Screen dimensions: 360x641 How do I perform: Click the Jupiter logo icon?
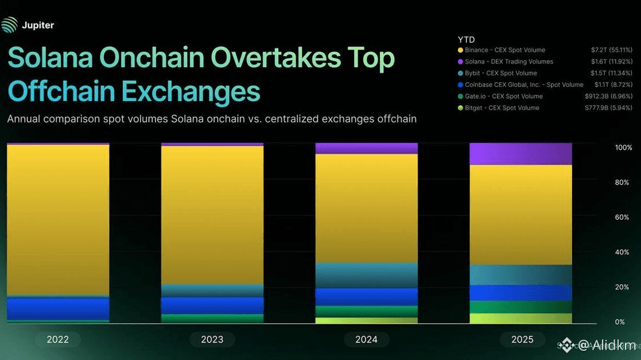coord(9,25)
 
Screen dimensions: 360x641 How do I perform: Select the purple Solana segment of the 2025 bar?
coord(520,154)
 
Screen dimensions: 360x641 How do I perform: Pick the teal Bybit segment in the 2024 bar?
coord(366,275)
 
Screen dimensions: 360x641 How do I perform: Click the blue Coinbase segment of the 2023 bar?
coord(212,305)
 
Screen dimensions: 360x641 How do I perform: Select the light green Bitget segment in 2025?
coord(520,318)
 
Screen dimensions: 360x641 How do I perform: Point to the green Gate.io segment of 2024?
coord(366,311)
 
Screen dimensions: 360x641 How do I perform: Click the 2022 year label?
coord(57,339)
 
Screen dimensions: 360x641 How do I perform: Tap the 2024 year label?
coord(366,339)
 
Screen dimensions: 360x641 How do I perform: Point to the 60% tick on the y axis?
coord(622,218)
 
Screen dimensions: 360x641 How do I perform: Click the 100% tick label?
coord(623,148)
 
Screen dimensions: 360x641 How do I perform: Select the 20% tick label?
coord(622,287)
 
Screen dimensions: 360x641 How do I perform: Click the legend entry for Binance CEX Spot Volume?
coord(505,50)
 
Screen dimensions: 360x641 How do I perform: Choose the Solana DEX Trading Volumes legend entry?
coord(508,61)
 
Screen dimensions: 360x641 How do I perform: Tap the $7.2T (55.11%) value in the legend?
coord(612,50)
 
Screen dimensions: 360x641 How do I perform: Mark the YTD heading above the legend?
coord(466,40)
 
